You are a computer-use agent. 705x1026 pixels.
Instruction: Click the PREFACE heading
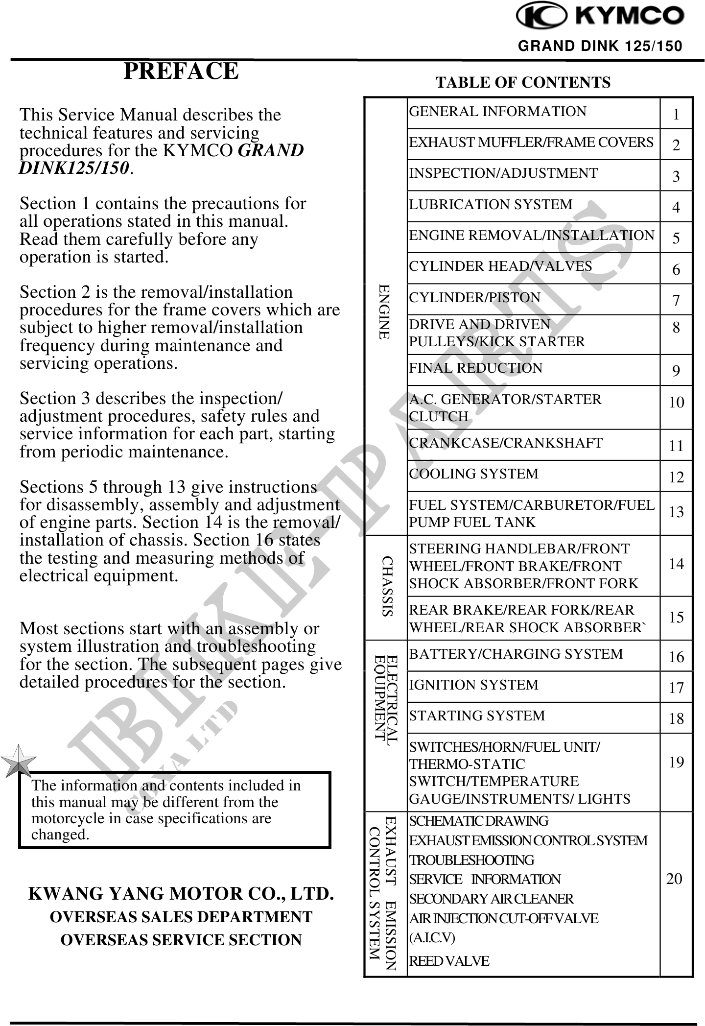(181, 71)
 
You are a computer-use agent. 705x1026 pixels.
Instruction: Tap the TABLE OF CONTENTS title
(523, 82)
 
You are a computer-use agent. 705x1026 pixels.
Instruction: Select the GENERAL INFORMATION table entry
(497, 112)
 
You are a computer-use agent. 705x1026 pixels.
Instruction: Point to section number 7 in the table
(676, 300)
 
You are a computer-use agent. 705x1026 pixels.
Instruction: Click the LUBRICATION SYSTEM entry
(491, 204)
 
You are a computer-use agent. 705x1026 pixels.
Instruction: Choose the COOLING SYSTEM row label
(473, 474)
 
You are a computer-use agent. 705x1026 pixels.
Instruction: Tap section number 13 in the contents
(676, 512)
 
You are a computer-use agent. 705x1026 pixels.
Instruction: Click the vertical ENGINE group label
(385, 311)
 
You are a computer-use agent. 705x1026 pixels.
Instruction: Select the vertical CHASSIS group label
(388, 586)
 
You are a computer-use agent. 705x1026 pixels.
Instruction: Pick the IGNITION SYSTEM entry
(473, 685)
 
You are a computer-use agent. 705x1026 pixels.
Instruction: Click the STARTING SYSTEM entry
(477, 716)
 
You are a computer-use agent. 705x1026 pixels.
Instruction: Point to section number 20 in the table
(675, 879)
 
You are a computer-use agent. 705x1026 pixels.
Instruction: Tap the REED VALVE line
(449, 961)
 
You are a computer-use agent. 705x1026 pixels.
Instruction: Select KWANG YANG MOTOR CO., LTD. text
(181, 894)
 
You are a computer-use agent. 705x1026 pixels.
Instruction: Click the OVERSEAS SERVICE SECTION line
(181, 940)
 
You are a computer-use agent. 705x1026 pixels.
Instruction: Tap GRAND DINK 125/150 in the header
(600, 47)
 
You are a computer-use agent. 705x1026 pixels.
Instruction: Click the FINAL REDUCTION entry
(475, 368)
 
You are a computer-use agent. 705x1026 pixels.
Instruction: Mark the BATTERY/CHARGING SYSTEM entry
(516, 654)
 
